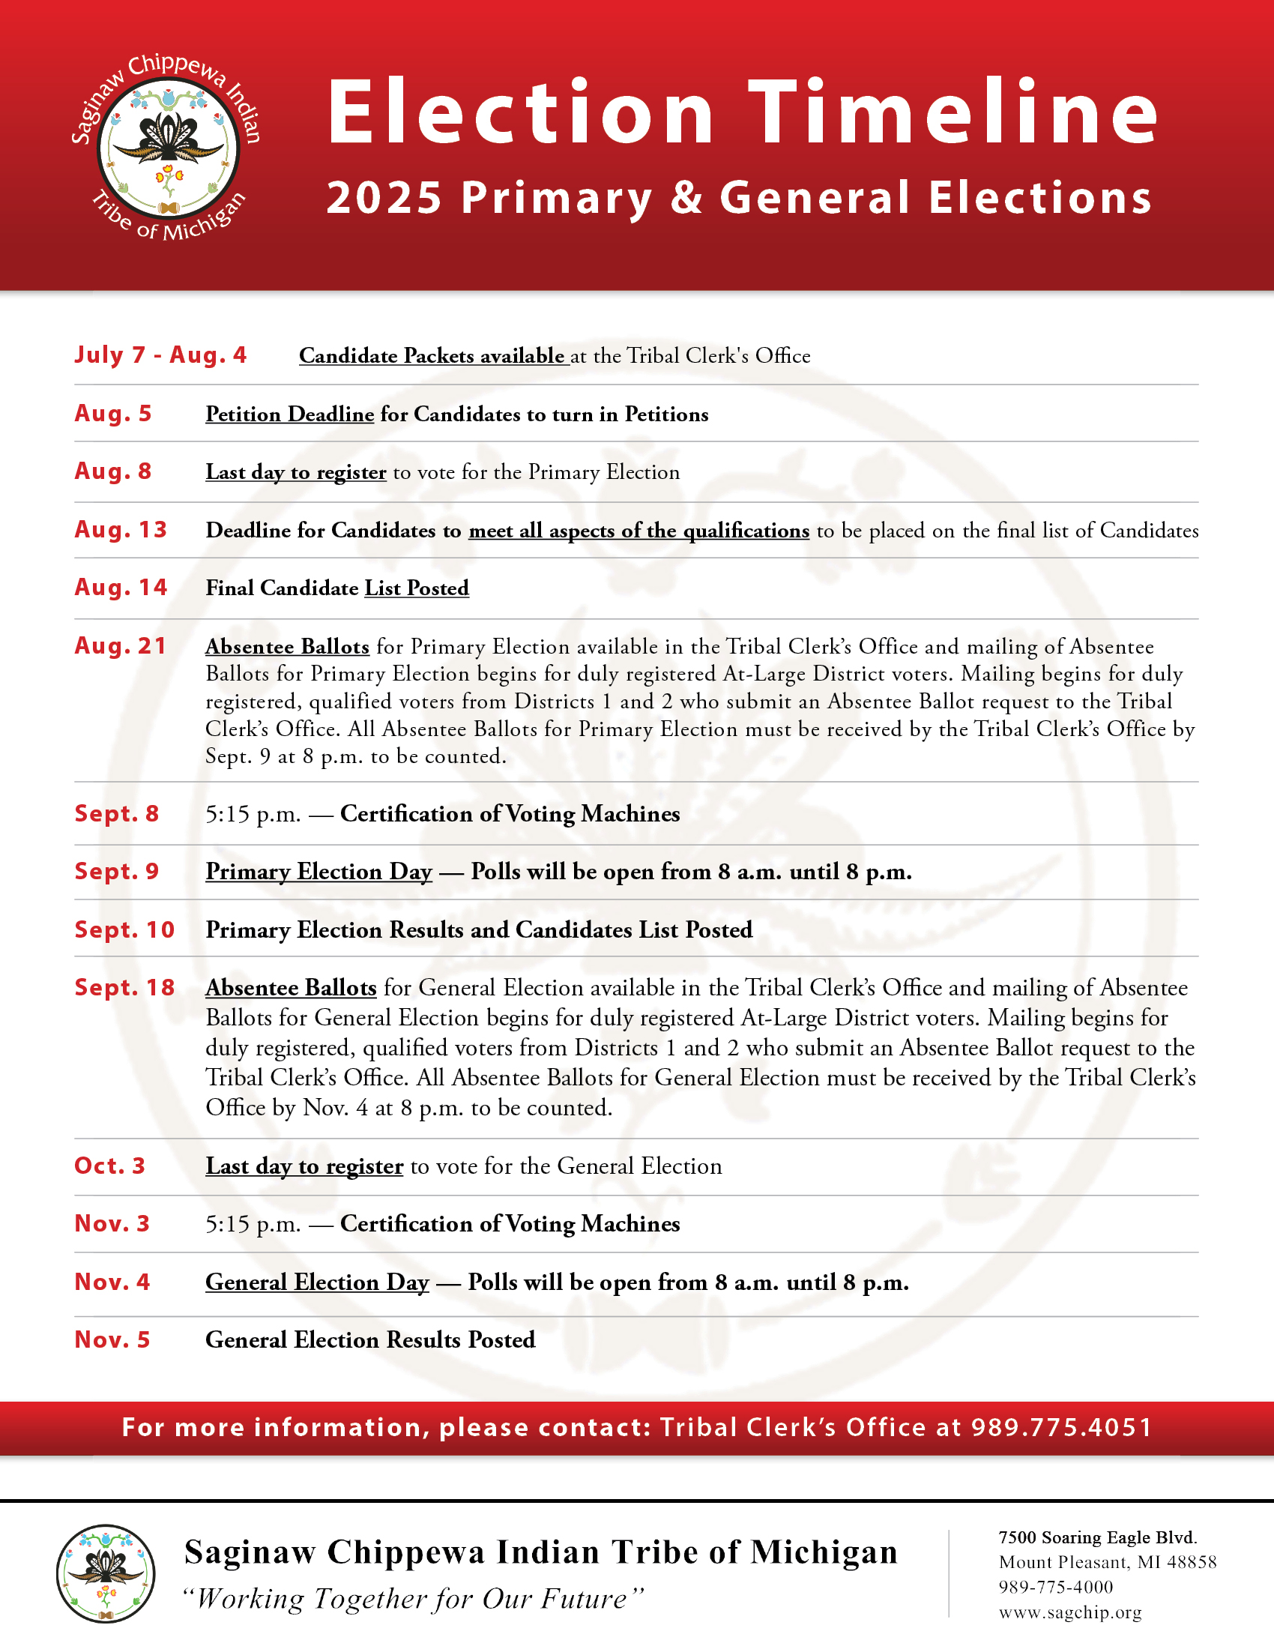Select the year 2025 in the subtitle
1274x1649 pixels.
click(384, 198)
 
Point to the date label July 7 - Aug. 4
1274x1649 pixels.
click(160, 355)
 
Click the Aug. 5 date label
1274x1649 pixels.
click(113, 413)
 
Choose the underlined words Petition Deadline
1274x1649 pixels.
click(290, 414)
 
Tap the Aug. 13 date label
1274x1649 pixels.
click(121, 529)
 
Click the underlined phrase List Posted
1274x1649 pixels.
click(417, 588)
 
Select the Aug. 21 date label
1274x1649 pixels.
click(121, 645)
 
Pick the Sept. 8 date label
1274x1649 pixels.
click(117, 813)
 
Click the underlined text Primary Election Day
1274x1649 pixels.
click(318, 871)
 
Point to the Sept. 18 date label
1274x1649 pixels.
click(124, 988)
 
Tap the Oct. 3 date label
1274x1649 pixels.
click(109, 1166)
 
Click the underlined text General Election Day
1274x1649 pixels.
click(317, 1282)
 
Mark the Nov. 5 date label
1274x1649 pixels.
click(112, 1339)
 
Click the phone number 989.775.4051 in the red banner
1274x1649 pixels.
click(1061, 1427)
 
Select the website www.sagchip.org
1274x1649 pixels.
click(1069, 1613)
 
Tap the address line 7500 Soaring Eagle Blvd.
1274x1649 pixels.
click(1097, 1538)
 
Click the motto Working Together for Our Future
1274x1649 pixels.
click(414, 1599)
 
